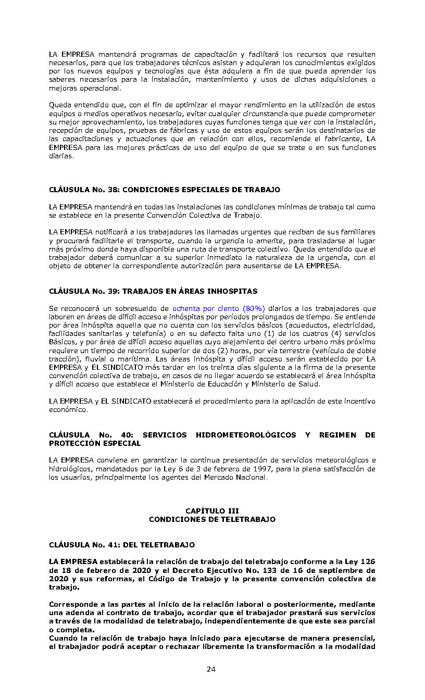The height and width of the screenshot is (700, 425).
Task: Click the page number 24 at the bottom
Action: click(x=211, y=669)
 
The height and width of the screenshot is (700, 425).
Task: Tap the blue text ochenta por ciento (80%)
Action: click(x=218, y=308)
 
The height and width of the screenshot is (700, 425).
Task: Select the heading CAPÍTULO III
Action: click(x=212, y=511)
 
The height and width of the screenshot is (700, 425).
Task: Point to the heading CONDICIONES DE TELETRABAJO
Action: click(x=212, y=519)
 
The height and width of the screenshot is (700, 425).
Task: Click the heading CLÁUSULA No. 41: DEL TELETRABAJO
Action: click(x=122, y=545)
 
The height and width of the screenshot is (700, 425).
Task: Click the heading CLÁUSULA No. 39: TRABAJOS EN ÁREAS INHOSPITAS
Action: click(x=153, y=291)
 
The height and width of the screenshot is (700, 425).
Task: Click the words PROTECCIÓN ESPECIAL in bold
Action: click(x=95, y=443)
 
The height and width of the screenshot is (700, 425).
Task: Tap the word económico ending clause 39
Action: click(x=68, y=409)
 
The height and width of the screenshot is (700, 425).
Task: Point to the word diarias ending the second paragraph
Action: click(x=61, y=156)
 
